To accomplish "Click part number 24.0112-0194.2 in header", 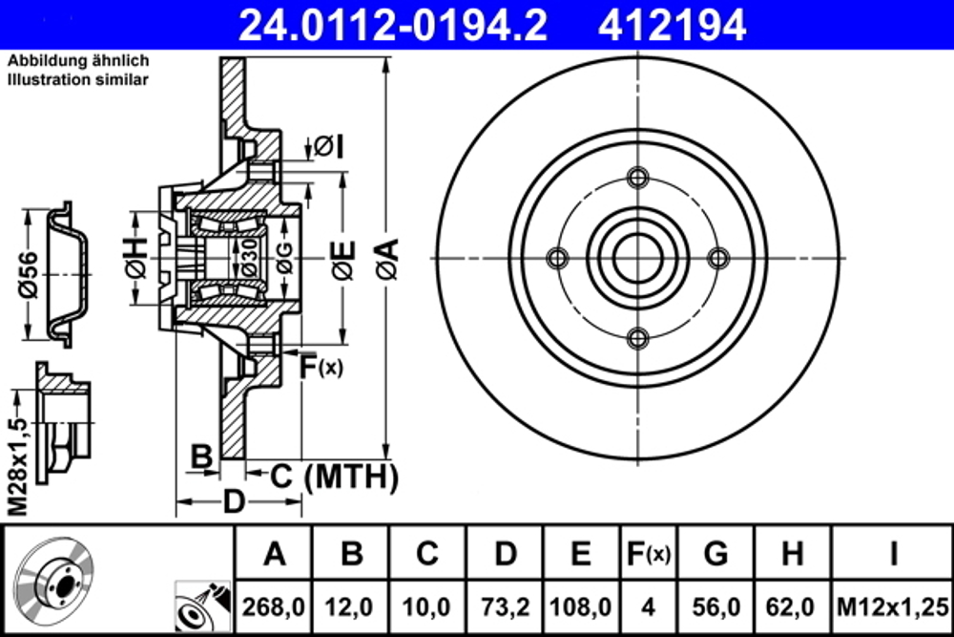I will pyautogui.click(x=392, y=26).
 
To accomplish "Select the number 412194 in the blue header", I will pyautogui.click(x=672, y=26).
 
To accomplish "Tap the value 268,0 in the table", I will pyautogui.click(x=274, y=605).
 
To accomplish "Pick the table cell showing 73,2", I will pyautogui.click(x=506, y=605).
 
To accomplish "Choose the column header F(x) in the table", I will pyautogui.click(x=648, y=553).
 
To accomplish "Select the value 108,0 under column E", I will pyautogui.click(x=582, y=605).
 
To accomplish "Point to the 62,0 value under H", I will pyautogui.click(x=792, y=605).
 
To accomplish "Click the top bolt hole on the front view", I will pyautogui.click(x=638, y=178).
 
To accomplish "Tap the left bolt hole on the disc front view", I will pyautogui.click(x=558, y=258).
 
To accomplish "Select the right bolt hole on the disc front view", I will pyautogui.click(x=718, y=258).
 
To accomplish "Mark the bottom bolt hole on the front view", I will pyautogui.click(x=638, y=337).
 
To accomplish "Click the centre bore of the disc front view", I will pyautogui.click(x=638, y=258).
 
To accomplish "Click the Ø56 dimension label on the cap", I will pyautogui.click(x=28, y=275).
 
